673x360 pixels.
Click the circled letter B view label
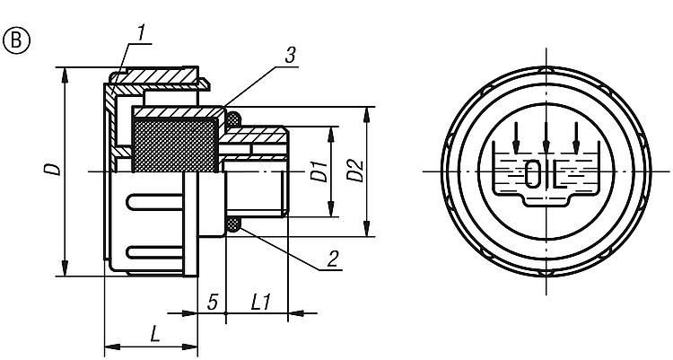tap(17, 40)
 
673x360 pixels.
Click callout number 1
tap(141, 34)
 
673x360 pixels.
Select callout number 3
tap(291, 56)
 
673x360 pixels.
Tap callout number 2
tap(333, 259)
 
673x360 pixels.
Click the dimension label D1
tap(319, 171)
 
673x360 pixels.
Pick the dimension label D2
tap(355, 171)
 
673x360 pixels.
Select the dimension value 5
tap(213, 303)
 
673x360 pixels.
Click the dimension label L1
tap(260, 303)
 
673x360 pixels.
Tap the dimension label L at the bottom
tap(154, 334)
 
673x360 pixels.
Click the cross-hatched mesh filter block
tap(175, 145)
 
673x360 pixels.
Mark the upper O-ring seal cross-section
tap(233, 119)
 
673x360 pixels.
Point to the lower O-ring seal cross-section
tap(233, 224)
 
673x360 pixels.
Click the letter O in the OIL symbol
tap(534, 173)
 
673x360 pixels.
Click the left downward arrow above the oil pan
tap(516, 137)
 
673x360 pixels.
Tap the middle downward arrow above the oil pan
tap(546, 137)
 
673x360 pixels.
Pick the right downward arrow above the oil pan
tap(576, 137)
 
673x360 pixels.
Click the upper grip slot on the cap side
tap(154, 202)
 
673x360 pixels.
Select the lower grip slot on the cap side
tap(154, 252)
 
